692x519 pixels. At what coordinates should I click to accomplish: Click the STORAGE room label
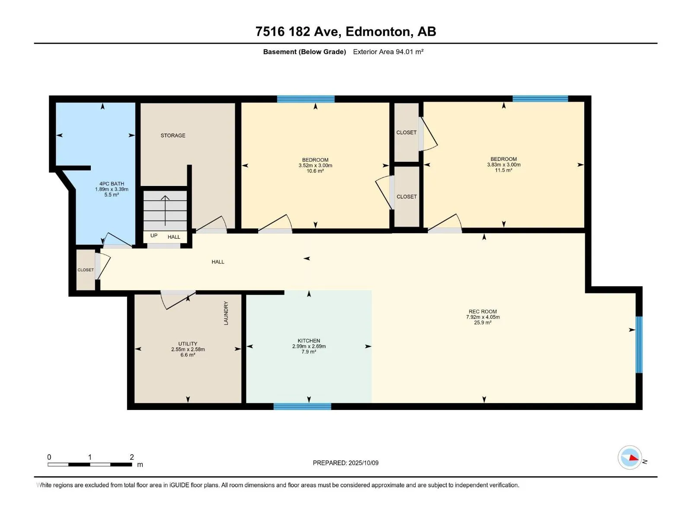(173, 135)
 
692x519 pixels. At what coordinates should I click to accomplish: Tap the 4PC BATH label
(112, 184)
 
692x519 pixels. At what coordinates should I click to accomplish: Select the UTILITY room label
(188, 344)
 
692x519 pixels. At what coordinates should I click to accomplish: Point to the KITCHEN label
(309, 341)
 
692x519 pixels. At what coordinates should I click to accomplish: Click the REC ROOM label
(483, 312)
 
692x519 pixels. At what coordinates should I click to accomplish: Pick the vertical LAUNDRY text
(226, 313)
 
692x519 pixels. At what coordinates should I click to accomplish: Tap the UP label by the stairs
(154, 236)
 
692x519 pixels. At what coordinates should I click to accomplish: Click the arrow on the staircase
(165, 211)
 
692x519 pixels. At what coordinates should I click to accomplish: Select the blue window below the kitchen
(302, 406)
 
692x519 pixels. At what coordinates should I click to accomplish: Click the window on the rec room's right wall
(639, 345)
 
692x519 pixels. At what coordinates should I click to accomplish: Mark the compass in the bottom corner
(630, 458)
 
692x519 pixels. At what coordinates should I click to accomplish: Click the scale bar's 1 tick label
(90, 457)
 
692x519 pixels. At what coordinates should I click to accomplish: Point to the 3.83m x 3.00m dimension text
(504, 165)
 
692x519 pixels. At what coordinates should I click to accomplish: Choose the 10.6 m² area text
(315, 171)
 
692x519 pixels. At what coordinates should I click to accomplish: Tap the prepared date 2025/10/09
(363, 463)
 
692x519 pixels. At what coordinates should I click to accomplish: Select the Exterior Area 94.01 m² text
(388, 52)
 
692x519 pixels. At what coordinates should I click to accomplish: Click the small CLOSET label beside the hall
(86, 270)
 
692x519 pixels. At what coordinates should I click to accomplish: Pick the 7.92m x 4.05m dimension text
(483, 317)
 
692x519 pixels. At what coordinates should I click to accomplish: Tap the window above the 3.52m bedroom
(306, 99)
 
